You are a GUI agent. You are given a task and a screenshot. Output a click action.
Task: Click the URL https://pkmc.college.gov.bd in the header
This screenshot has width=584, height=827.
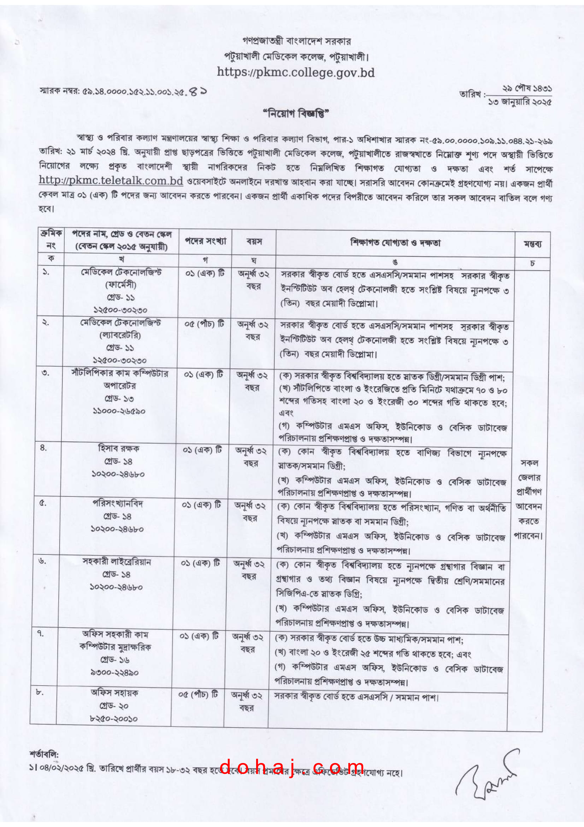pos(295,72)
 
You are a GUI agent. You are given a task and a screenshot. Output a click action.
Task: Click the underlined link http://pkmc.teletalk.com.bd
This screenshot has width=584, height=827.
pos(111,180)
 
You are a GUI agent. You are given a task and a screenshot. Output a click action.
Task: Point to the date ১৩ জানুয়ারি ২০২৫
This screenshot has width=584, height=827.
pos(519,102)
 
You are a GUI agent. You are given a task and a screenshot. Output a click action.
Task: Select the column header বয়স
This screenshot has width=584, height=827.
pos(254,242)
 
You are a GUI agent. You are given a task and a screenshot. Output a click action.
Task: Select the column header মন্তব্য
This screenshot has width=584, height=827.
pos(532,244)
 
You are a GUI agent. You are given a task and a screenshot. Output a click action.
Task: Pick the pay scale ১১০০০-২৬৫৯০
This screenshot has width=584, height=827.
pos(119,411)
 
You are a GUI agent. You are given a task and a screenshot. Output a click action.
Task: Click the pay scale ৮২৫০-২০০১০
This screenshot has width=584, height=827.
pos(114,718)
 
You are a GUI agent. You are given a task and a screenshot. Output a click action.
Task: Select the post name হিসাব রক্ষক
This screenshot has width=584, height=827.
pos(118,448)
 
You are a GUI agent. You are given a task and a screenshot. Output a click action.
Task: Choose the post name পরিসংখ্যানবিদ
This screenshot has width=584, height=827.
pos(118,503)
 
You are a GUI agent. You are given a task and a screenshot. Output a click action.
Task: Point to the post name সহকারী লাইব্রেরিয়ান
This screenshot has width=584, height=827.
pos(117,561)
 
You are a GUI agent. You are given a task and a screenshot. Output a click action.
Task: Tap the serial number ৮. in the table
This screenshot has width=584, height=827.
pos(40,692)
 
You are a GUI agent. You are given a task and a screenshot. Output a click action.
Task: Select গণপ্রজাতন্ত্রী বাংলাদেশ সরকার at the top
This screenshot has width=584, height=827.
pos(296,41)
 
